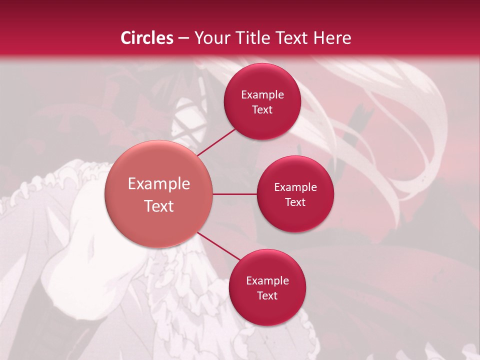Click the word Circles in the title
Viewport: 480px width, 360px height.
(146, 38)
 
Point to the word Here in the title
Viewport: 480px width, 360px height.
(332, 38)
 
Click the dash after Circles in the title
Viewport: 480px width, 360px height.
(183, 38)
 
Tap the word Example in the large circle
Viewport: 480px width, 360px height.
(159, 184)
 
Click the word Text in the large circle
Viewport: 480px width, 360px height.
(159, 206)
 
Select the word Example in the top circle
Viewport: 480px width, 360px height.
(262, 95)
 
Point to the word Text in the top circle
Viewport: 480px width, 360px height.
(262, 110)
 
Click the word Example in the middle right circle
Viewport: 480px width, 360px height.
(295, 187)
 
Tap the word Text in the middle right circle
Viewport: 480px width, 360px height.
(295, 202)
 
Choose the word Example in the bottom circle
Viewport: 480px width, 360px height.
(267, 281)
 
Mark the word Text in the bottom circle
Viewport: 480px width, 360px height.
(267, 296)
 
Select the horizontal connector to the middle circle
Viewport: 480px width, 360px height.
(235, 194)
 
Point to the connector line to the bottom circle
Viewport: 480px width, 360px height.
(219, 246)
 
